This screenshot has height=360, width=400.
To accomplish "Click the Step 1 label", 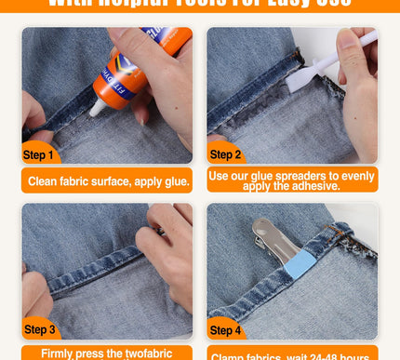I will (38, 155).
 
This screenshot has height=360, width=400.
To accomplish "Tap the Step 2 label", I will (225, 154).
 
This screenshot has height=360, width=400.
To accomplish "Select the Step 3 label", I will (39, 329).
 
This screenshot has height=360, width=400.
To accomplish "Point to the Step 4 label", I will (225, 330).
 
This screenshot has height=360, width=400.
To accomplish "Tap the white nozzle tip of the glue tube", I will (96, 108).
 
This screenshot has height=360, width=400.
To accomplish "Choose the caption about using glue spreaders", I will (293, 180).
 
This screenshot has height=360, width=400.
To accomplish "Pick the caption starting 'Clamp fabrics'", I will (293, 354).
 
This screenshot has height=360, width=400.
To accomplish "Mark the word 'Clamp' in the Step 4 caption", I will (231, 355).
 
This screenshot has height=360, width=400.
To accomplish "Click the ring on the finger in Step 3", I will (160, 229).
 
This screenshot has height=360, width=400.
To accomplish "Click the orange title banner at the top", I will (200, 5).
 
